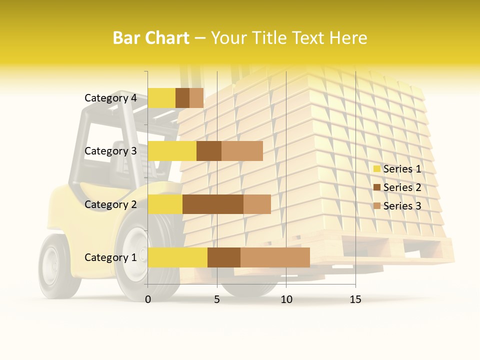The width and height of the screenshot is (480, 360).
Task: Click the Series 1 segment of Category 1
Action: [x=177, y=257]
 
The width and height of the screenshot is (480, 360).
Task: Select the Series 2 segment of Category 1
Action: [x=224, y=257]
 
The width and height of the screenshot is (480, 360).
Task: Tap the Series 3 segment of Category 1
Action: [x=275, y=257]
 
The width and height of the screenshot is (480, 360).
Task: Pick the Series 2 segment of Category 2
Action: [x=213, y=204]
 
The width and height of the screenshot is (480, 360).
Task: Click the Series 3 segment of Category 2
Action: [x=257, y=204]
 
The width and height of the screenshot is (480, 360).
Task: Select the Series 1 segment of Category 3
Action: [x=172, y=151]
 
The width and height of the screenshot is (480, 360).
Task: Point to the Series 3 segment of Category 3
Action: [x=242, y=151]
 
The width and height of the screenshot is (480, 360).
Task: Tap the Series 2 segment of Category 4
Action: [x=182, y=98]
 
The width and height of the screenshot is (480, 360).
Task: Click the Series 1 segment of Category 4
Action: [x=161, y=98]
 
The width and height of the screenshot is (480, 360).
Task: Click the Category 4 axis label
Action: [x=110, y=98]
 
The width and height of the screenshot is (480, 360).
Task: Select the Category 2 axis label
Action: [x=110, y=204]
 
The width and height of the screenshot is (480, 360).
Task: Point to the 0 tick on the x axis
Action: [x=148, y=299]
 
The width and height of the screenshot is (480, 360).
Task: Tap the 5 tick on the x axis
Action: [x=217, y=299]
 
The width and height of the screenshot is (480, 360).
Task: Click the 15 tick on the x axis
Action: [x=355, y=299]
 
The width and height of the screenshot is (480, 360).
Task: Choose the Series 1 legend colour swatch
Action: [x=377, y=169]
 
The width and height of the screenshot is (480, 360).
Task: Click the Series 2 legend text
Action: [x=402, y=187]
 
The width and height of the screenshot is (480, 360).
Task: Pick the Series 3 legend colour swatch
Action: [x=377, y=206]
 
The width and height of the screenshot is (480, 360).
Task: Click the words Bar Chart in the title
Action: [x=151, y=38]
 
